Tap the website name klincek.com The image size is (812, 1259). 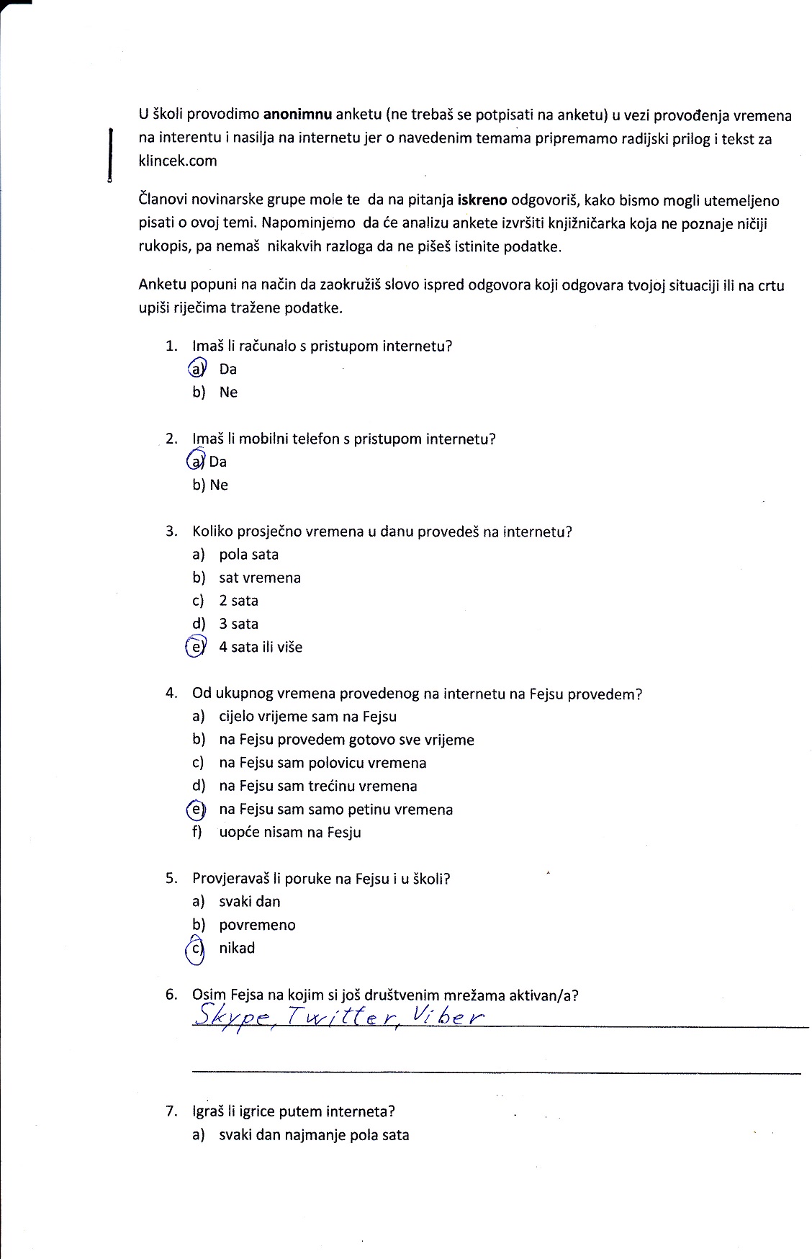[x=177, y=161]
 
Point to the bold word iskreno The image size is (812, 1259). [x=483, y=200]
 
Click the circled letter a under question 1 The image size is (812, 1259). [x=197, y=369]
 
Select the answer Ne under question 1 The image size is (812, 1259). [x=228, y=393]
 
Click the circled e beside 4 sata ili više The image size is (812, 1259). [x=196, y=647]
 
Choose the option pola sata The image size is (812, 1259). [x=248, y=555]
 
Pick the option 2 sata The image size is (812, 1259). [x=238, y=601]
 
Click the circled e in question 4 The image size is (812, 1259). [x=196, y=810]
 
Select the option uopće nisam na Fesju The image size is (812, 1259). [x=289, y=833]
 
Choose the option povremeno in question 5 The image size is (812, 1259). [x=257, y=926]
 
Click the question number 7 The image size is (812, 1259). [x=171, y=1111]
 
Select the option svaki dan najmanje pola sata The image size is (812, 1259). [x=314, y=1135]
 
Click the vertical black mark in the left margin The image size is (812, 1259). [x=110, y=156]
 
